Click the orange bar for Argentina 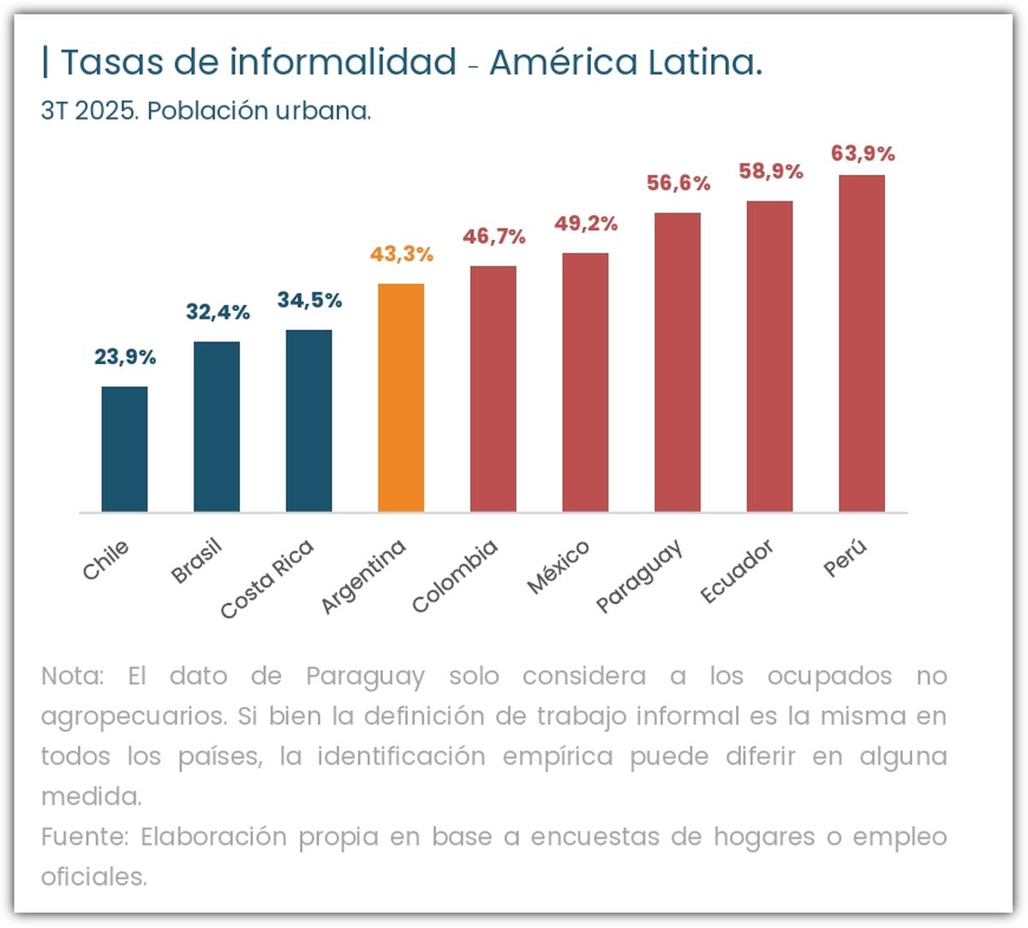[401, 398]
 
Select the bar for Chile [124, 449]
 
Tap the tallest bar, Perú [862, 344]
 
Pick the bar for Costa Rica [309, 421]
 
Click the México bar [585, 382]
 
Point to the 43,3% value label [402, 254]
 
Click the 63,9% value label [863, 154]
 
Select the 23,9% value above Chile [125, 357]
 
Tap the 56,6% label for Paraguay [678, 183]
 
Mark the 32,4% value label [218, 313]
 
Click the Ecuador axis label [737, 572]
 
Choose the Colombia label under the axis [454, 576]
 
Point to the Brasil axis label [196, 561]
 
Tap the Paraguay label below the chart [639, 576]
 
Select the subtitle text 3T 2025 [89, 111]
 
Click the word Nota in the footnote [71, 676]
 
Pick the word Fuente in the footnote [84, 836]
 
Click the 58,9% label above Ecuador [771, 172]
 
